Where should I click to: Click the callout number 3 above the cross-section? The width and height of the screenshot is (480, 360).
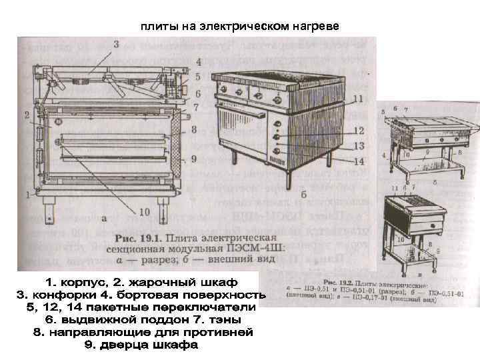(x=117, y=45)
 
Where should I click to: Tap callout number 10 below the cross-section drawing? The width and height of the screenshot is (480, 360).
(x=143, y=212)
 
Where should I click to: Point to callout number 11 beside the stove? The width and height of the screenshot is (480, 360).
(x=358, y=99)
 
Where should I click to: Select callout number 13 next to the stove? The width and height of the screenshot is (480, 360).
(x=358, y=146)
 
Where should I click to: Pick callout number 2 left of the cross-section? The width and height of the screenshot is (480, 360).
(x=27, y=115)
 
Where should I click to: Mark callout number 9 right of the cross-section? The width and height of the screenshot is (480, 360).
(x=193, y=159)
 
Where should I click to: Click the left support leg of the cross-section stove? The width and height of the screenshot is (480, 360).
(x=49, y=211)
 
